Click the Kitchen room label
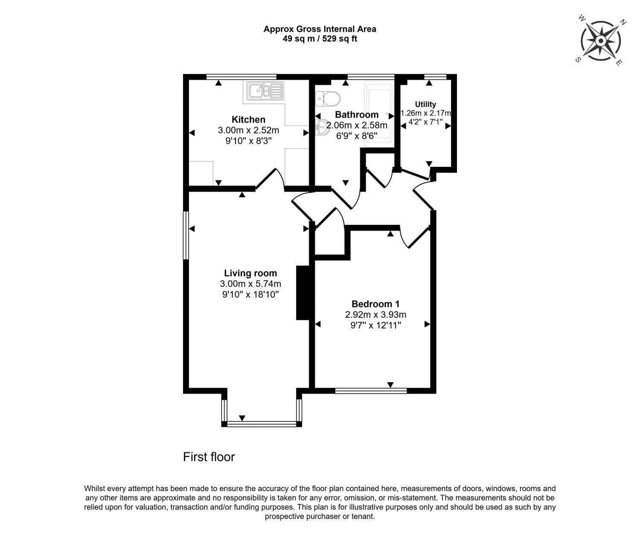[248, 119]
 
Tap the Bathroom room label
[356, 115]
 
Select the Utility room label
[425, 104]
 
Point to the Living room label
[250, 273]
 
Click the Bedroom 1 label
[375, 304]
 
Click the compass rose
[600, 41]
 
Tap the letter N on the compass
[623, 23]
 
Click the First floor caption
[209, 457]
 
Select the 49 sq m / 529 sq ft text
[320, 39]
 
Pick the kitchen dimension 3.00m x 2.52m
[248, 130]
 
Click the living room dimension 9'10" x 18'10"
[250, 294]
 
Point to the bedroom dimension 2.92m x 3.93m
[375, 315]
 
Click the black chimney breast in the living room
[302, 293]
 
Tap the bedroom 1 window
[371, 390]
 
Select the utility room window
[435, 77]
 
